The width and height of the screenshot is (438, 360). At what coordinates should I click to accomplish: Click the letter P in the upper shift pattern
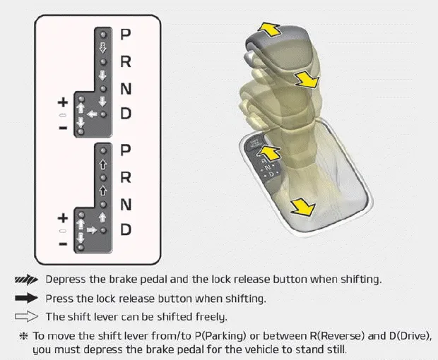pyautogui.click(x=126, y=34)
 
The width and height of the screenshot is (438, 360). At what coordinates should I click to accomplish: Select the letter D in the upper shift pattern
pyautogui.click(x=126, y=114)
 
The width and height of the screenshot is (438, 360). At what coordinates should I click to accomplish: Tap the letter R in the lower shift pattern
pyautogui.click(x=126, y=177)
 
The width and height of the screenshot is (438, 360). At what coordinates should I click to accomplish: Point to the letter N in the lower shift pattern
pyautogui.click(x=126, y=204)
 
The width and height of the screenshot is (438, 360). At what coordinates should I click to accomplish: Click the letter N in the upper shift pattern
pyautogui.click(x=126, y=88)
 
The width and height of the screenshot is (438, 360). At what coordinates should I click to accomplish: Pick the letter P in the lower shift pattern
pyautogui.click(x=126, y=150)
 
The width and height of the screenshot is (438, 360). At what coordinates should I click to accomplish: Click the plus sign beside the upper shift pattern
pyautogui.click(x=63, y=101)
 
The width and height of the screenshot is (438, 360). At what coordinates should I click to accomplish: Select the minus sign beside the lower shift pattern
pyautogui.click(x=63, y=244)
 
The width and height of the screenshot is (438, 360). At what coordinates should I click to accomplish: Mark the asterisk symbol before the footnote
pyautogui.click(x=23, y=335)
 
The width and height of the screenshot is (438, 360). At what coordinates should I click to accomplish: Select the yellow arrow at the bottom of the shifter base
pyautogui.click(x=302, y=205)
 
